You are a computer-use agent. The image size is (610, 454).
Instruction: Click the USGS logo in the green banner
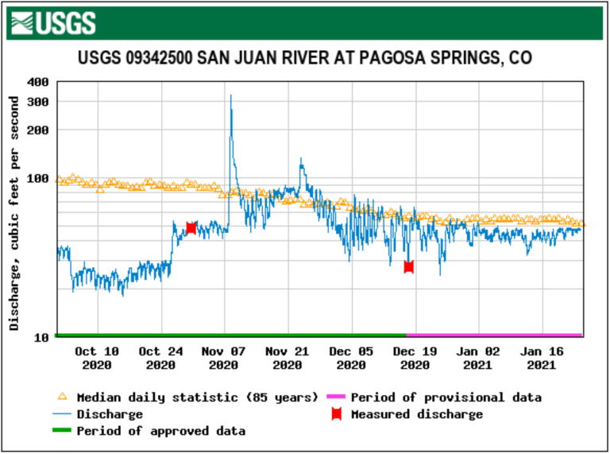[x=55, y=22]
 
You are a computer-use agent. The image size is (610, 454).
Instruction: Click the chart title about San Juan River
[x=304, y=58]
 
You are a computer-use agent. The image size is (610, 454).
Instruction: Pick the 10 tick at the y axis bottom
[x=42, y=337]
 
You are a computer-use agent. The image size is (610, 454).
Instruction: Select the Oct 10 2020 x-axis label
[x=98, y=358]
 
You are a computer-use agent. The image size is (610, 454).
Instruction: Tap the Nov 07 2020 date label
[x=224, y=358]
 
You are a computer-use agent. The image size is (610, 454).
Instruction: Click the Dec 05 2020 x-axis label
[x=351, y=358]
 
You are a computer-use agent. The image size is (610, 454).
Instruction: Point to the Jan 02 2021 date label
[x=478, y=358]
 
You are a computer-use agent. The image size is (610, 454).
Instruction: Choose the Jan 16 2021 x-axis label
[x=542, y=358]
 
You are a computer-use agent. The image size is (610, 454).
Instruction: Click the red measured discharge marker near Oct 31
[x=191, y=228]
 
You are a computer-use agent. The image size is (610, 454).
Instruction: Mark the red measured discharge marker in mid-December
[x=408, y=266]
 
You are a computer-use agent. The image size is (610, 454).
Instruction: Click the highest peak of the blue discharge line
[x=230, y=96]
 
